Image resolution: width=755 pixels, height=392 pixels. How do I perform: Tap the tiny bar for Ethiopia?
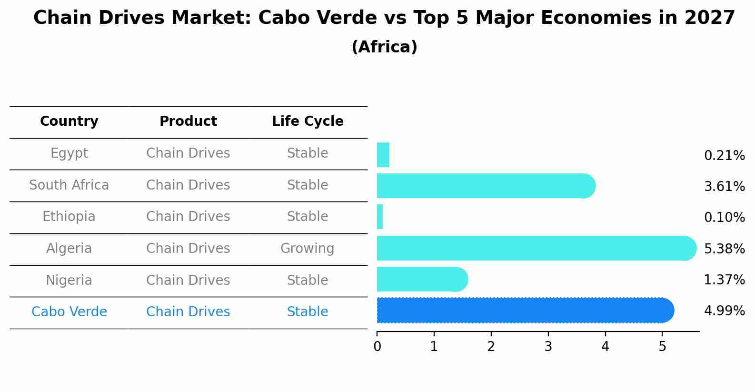click(x=380, y=217)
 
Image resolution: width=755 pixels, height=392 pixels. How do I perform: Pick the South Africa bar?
click(x=486, y=186)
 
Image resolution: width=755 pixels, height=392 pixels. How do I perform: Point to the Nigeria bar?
click(x=422, y=279)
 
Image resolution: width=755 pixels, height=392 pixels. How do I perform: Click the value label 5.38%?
click(x=724, y=249)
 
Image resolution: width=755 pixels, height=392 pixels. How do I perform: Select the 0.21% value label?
click(x=724, y=156)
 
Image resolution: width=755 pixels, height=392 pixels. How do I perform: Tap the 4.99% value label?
click(x=724, y=311)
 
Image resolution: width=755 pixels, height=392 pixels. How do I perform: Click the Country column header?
click(x=69, y=121)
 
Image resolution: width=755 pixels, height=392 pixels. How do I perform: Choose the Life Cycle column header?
click(x=308, y=121)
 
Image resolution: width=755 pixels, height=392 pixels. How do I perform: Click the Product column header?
click(x=188, y=121)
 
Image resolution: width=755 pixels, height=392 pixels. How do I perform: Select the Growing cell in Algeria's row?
click(x=307, y=249)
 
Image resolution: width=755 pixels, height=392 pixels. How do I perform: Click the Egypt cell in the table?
click(x=69, y=153)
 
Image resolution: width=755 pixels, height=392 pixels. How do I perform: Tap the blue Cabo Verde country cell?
click(x=69, y=312)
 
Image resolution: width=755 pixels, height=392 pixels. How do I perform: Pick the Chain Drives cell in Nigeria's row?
click(x=188, y=280)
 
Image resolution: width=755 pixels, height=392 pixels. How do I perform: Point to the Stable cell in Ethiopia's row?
click(x=307, y=217)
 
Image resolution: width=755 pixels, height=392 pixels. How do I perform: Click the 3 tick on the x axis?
click(x=548, y=347)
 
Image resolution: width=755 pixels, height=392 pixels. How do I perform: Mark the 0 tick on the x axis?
click(x=377, y=347)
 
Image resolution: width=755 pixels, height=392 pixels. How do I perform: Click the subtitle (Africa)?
click(x=384, y=47)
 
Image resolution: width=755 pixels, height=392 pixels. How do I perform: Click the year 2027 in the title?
click(x=710, y=18)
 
